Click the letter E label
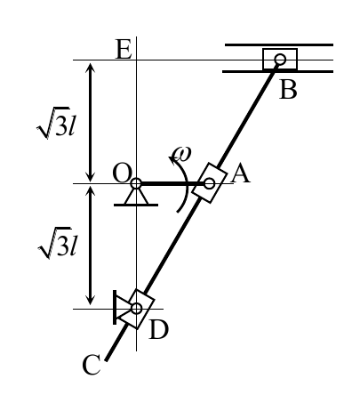[x=124, y=49]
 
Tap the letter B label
[x=288, y=90]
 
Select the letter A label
[x=240, y=173]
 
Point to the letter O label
[x=122, y=173]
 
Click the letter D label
[x=158, y=330]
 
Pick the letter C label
[x=92, y=365]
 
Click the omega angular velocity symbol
[x=182, y=154]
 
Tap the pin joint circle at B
[x=280, y=60]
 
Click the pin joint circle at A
[x=209, y=183]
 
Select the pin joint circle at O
[x=136, y=183]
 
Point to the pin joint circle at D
[x=136, y=309]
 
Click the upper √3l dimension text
[x=56, y=123]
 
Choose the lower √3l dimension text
[x=58, y=243]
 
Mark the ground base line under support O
[x=136, y=205]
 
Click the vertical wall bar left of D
[x=115, y=307]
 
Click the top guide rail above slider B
[x=279, y=44]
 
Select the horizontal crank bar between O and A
[x=172, y=184]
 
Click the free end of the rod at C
[x=107, y=359]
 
